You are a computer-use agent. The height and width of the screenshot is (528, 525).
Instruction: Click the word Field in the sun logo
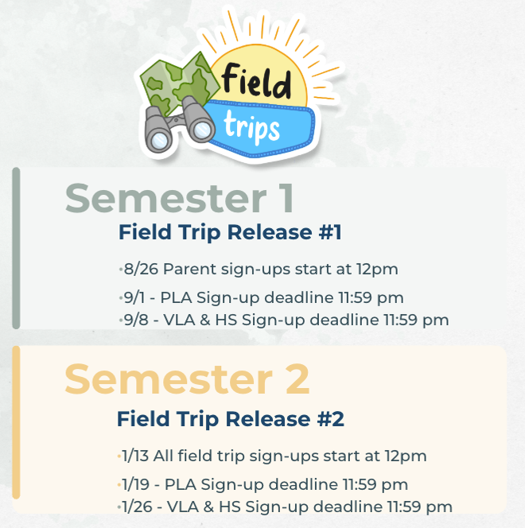(x=256, y=81)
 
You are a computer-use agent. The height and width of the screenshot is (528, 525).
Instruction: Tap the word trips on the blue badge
(x=252, y=127)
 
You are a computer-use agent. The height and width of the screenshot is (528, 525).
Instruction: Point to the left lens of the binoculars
(x=159, y=141)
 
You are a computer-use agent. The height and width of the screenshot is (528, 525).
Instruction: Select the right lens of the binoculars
(x=202, y=130)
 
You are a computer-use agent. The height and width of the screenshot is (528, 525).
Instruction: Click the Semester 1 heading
(x=180, y=198)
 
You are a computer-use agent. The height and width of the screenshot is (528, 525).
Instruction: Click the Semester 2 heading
(x=187, y=379)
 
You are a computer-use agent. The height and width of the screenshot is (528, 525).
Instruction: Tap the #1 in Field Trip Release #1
(x=330, y=232)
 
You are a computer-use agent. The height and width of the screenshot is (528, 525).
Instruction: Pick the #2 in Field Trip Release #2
(x=331, y=419)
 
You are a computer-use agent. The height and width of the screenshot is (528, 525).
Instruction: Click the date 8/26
(x=141, y=269)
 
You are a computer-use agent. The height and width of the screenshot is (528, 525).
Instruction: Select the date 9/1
(x=134, y=297)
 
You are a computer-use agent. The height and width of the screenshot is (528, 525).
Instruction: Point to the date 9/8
(x=136, y=320)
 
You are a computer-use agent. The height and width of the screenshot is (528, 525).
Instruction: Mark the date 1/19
(x=136, y=484)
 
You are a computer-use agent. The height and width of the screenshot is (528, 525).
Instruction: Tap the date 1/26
(x=137, y=507)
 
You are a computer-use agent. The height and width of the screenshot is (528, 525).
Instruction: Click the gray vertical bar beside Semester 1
(x=16, y=248)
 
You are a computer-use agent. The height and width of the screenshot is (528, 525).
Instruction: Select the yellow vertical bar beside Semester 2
(x=16, y=422)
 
